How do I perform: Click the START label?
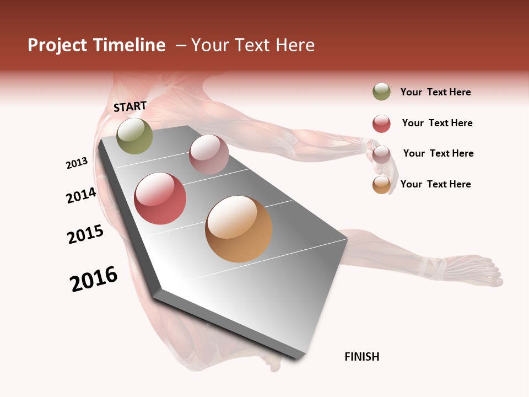(x=130, y=106)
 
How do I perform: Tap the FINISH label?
(x=361, y=357)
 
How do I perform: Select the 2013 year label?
(x=77, y=163)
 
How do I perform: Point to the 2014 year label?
(x=81, y=195)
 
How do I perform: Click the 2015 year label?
(x=85, y=234)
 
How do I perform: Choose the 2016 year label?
(x=94, y=279)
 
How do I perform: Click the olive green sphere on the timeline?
(x=135, y=136)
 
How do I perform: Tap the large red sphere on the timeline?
(x=160, y=198)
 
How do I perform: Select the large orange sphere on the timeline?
(x=239, y=229)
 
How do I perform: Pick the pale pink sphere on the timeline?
(x=209, y=154)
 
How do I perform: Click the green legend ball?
(x=381, y=92)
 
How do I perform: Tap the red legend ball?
(x=381, y=124)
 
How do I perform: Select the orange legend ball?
(x=381, y=185)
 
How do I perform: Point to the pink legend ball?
(x=381, y=154)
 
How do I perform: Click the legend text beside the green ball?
(x=435, y=92)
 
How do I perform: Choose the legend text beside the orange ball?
(x=435, y=184)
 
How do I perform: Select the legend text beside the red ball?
(x=437, y=123)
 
